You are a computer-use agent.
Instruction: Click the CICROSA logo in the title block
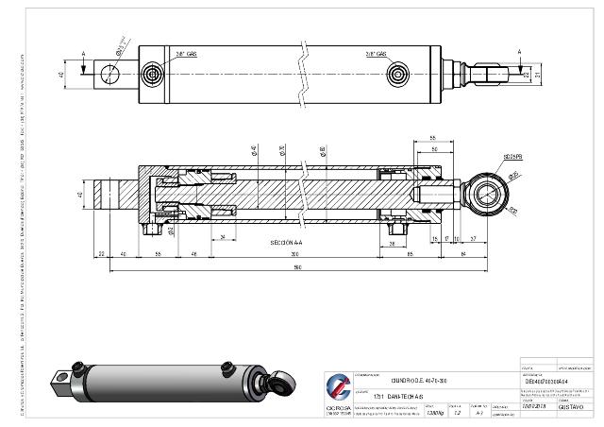337,388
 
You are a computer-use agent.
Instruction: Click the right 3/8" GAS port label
377,54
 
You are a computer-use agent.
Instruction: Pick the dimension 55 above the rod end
431,138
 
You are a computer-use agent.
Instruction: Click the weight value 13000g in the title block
435,413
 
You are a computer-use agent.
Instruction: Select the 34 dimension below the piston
222,235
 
